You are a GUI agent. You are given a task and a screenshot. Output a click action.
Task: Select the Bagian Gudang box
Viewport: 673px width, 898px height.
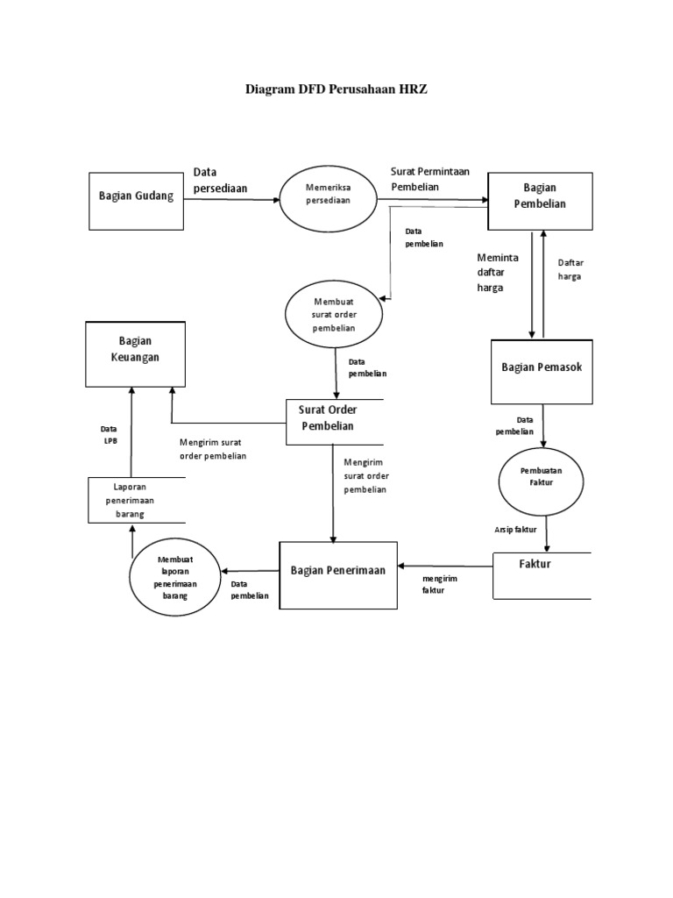pos(136,196)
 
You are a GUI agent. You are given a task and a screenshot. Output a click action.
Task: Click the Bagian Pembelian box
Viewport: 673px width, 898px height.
pos(540,196)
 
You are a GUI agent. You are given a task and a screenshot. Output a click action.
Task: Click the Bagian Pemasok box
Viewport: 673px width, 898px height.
pos(541,367)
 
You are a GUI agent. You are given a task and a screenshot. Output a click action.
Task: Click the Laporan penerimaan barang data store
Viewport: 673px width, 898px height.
pos(137,500)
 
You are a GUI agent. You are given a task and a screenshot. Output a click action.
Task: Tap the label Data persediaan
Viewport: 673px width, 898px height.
pos(221,180)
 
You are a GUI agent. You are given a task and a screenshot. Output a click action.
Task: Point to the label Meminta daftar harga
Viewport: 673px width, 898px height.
pos(498,273)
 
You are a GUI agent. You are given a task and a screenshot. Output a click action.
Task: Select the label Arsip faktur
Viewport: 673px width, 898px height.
pos(515,530)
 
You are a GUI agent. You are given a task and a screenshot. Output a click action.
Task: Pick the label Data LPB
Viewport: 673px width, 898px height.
pos(110,434)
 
